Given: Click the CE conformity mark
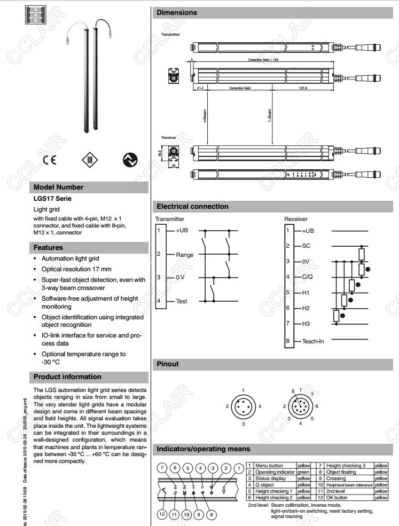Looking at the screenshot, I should pos(49,159).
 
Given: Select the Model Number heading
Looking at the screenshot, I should pos(59,187).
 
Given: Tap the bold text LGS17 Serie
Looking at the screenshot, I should pos(52,199).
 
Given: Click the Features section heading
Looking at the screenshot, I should pos(48,248).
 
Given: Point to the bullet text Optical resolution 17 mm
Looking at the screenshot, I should pos(77,269).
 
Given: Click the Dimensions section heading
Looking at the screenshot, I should pos(177,13).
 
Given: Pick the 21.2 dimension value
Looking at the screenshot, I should pos(200,88).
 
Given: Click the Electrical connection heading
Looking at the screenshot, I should pos(192,207).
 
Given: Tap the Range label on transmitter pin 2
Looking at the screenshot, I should pos(185,255).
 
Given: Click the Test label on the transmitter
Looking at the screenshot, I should pos(182,301).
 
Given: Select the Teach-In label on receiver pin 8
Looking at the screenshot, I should pos(313,341).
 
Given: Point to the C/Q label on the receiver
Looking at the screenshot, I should pos(307,277).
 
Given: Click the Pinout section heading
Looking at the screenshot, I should pos(168,364).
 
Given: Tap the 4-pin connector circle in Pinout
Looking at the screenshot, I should pos(243,407).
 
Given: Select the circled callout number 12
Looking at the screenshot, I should pos(162,514).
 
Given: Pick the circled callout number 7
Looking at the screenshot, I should pos(162,468).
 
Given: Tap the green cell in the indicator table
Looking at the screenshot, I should pos(303,472).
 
